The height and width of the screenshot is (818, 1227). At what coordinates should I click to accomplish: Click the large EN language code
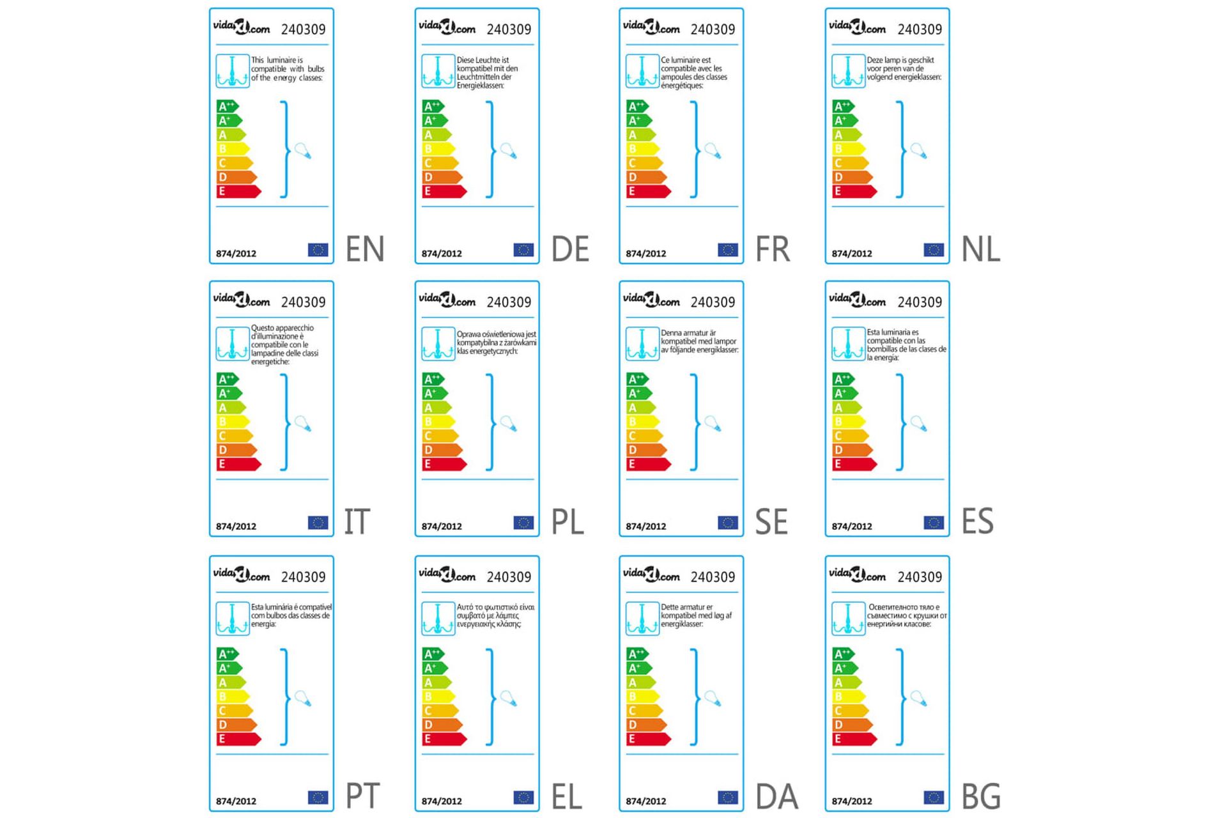[x=365, y=249]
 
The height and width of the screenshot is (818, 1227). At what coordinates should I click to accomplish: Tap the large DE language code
[x=570, y=249]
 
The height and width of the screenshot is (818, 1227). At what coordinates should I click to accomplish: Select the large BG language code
[x=981, y=796]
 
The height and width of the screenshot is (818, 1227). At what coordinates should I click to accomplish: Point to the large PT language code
[x=363, y=796]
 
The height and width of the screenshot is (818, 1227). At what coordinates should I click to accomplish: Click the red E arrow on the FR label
[x=647, y=191]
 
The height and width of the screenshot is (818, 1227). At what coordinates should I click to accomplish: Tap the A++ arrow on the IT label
[x=227, y=379]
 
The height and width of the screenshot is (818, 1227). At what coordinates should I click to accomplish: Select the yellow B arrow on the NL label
[x=849, y=149]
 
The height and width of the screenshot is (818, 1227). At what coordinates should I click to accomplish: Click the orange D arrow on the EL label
[x=442, y=725]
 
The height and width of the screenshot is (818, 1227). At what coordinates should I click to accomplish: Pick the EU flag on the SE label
[x=727, y=523]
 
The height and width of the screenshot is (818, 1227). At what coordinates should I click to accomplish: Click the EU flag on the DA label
[x=727, y=798]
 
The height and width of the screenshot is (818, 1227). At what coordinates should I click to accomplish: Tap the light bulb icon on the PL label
[x=509, y=424]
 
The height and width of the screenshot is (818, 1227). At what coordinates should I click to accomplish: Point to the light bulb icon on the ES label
[x=918, y=424]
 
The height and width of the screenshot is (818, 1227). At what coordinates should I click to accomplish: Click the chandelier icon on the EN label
[x=232, y=71]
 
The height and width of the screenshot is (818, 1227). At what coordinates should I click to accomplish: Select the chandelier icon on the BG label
[x=848, y=619]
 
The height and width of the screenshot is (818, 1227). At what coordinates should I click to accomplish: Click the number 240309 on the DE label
[x=509, y=29]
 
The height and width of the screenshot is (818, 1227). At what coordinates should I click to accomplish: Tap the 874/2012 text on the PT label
[x=236, y=801]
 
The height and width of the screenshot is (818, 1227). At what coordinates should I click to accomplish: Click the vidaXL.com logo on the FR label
[x=651, y=27]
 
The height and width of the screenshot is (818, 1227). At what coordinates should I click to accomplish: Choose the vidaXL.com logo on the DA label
[x=651, y=575]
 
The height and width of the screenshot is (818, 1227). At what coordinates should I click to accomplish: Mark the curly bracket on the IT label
[x=285, y=422]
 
